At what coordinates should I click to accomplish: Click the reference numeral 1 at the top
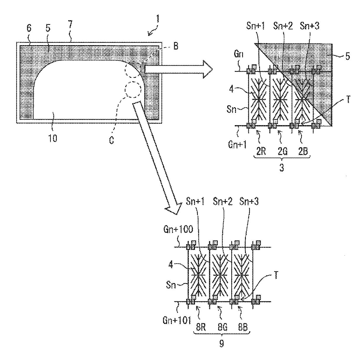pyautogui.click(x=158, y=19)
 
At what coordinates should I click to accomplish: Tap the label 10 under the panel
pyautogui.click(x=53, y=139)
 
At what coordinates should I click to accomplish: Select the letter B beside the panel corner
pyautogui.click(x=176, y=46)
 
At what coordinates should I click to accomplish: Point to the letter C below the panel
pyautogui.click(x=112, y=140)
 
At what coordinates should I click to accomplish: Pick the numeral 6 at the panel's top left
pyautogui.click(x=29, y=28)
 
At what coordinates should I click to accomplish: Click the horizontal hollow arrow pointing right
pyautogui.click(x=179, y=69)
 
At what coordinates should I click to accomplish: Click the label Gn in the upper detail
pyautogui.click(x=239, y=54)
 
